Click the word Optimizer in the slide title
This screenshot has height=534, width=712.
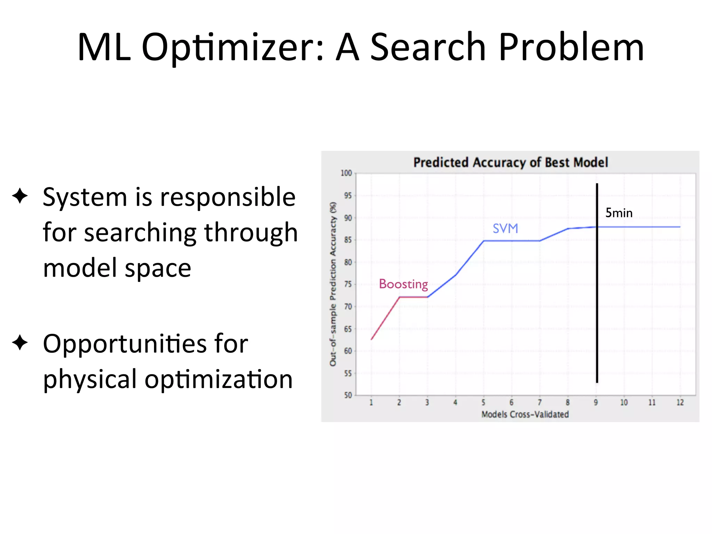(233, 48)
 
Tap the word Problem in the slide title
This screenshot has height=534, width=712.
(571, 48)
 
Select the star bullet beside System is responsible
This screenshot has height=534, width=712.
(20, 196)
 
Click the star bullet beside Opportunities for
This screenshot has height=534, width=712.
(20, 343)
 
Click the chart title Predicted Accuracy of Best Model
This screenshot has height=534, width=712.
(510, 162)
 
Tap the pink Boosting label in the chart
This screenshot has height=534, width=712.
(403, 284)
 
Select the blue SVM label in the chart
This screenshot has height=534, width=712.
(505, 228)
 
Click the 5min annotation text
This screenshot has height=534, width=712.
(619, 213)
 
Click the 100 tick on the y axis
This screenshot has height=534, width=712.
(346, 173)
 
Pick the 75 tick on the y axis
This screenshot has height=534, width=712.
(348, 284)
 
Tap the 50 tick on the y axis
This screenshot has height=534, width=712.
(348, 395)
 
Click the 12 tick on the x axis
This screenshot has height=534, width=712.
(680, 403)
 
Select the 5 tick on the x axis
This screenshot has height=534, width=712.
(483, 403)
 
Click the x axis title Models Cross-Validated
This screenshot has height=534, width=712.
(525, 414)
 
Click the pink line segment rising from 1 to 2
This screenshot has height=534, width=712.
(385, 318)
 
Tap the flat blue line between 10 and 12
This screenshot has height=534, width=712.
(652, 227)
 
